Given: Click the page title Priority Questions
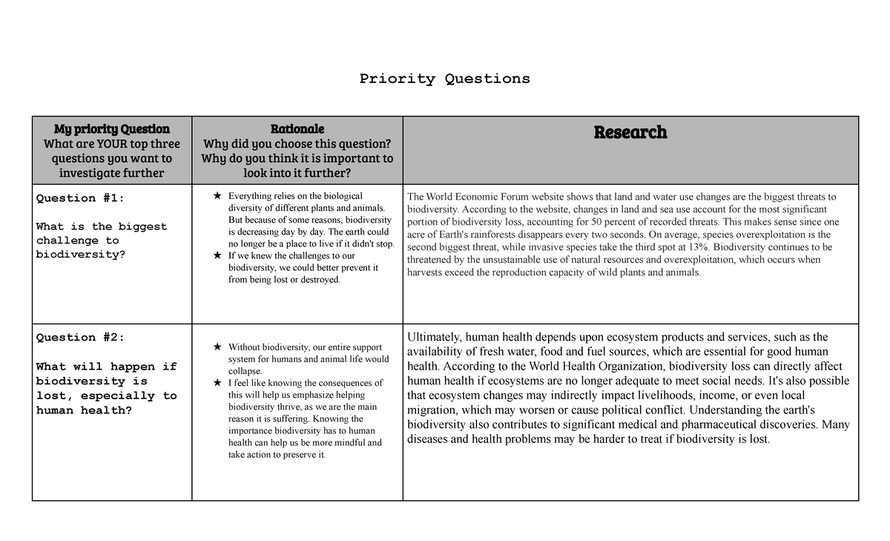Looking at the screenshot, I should tap(444, 79).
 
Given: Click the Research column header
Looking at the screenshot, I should tap(630, 132).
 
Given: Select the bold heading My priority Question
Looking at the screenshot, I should tap(111, 128).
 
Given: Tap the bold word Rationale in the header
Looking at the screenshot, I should tap(297, 128).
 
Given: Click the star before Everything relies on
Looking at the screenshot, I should tap(217, 196).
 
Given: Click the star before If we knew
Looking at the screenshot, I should tap(217, 255).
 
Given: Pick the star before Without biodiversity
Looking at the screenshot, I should tap(217, 347).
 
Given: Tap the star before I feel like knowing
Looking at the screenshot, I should tap(217, 383).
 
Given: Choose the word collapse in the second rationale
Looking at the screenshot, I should tap(244, 371).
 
